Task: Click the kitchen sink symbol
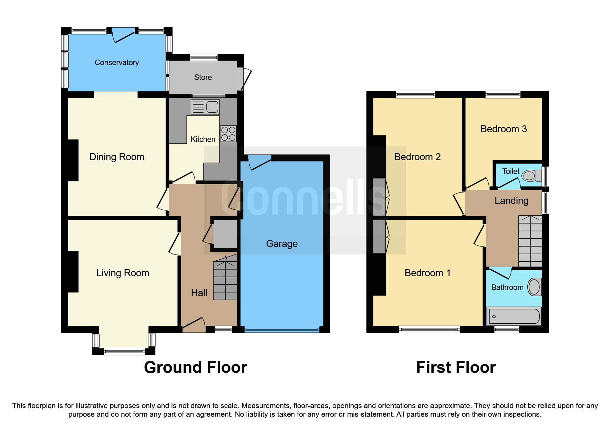(x=205, y=107)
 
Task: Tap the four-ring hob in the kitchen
(x=228, y=134)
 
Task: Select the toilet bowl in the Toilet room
(x=530, y=176)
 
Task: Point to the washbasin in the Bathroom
(x=534, y=287)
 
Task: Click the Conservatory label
(x=117, y=63)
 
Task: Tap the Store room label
(x=203, y=77)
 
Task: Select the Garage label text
(x=282, y=244)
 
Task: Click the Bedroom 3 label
(x=503, y=129)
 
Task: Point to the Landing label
(x=511, y=201)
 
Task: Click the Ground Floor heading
(x=195, y=367)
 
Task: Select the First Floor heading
(x=456, y=367)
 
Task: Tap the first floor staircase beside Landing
(x=530, y=241)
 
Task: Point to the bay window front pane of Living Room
(x=124, y=352)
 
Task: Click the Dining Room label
(x=117, y=157)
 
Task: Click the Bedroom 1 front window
(x=429, y=330)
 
